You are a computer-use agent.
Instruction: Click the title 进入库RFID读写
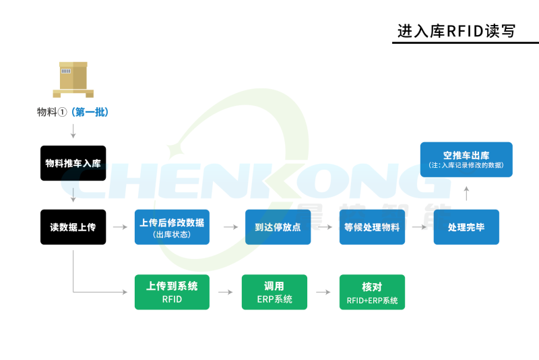tap(456, 30)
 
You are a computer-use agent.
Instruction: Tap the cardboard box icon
tap(73, 79)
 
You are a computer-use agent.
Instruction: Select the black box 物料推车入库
tap(73, 163)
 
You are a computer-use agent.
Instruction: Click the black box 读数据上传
tap(73, 227)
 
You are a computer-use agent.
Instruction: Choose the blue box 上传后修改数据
tap(172, 227)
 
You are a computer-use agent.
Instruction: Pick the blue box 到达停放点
tap(277, 227)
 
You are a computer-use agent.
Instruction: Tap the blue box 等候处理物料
tap(372, 227)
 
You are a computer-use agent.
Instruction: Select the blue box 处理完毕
tap(466, 227)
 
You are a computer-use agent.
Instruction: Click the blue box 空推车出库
tap(466, 160)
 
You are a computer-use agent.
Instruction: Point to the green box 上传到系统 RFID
tap(172, 292)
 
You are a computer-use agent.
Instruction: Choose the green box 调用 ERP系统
tap(274, 292)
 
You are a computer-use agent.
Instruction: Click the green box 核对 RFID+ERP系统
tap(372, 292)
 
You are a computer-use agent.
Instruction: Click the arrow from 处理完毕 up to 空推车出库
tap(466, 193)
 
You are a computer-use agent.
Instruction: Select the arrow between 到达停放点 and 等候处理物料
tap(325, 227)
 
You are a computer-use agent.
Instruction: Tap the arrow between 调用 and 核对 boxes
tap(323, 292)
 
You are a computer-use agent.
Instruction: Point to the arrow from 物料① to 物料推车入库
tap(73, 130)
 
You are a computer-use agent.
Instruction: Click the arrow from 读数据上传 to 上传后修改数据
tap(120, 227)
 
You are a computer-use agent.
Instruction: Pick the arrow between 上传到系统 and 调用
tap(224, 292)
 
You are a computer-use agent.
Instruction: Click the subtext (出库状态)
tap(172, 235)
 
